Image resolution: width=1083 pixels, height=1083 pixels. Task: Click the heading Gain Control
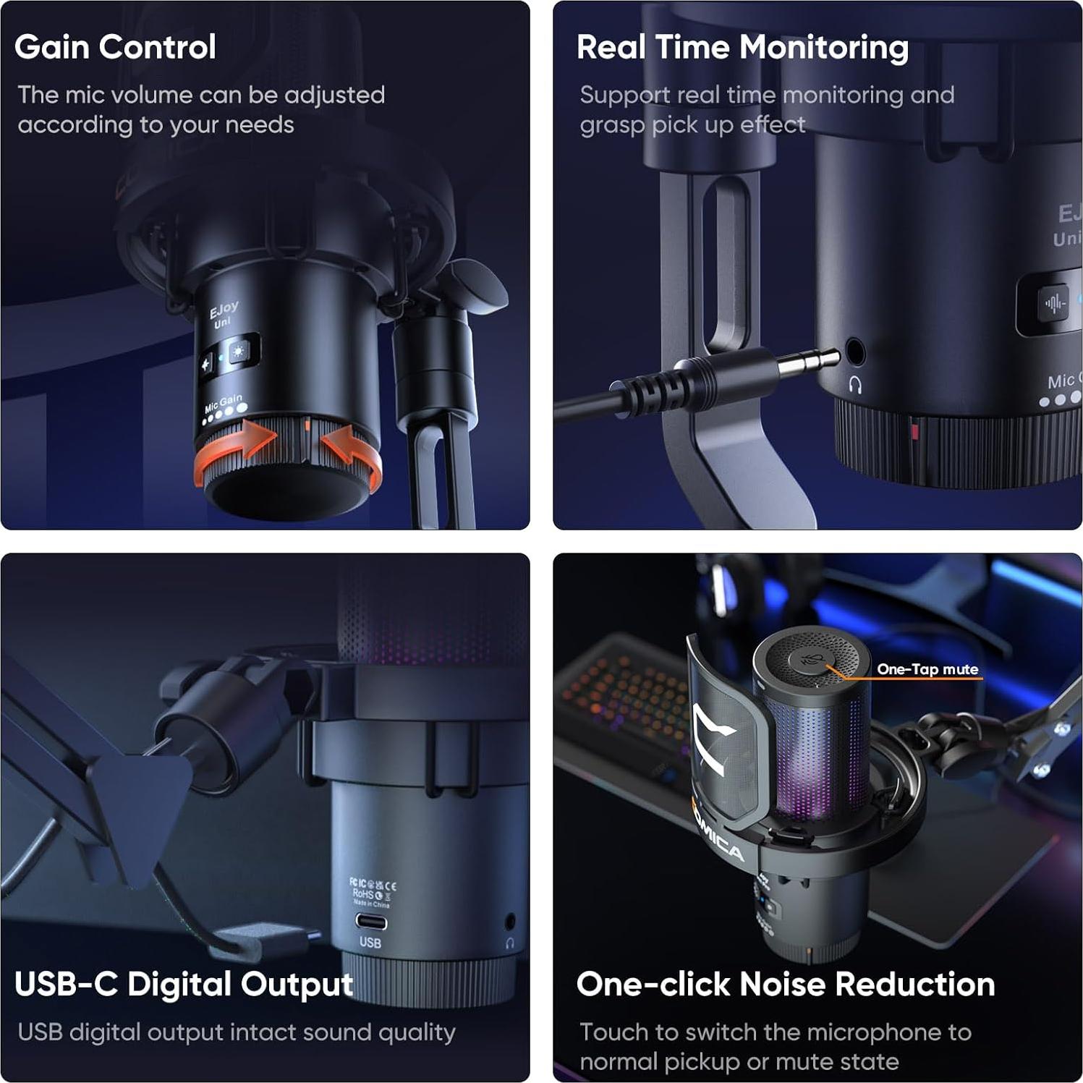point(115,47)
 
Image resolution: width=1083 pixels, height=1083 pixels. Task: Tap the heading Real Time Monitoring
point(742,47)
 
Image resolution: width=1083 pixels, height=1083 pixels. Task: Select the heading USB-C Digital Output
point(184,985)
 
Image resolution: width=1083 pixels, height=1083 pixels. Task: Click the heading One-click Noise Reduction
point(786,985)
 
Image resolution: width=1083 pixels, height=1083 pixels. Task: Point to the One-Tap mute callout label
point(927,669)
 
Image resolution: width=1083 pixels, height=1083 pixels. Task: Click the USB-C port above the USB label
point(370,922)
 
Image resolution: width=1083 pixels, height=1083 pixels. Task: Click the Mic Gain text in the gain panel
point(223,402)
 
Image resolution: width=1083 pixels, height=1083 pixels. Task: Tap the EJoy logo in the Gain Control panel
point(224,310)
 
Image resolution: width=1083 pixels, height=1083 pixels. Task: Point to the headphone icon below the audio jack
point(855,385)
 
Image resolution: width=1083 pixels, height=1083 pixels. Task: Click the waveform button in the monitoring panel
point(1054,303)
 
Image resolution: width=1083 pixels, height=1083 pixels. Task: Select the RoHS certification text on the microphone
point(363,894)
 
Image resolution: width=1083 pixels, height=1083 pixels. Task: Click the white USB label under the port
point(370,943)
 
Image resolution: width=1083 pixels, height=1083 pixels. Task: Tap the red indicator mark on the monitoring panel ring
point(914,433)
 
